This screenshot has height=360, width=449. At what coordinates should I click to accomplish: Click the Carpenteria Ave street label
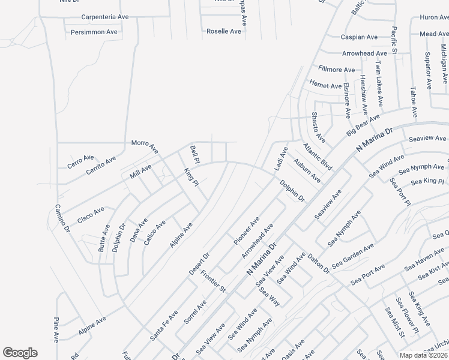tap(104, 17)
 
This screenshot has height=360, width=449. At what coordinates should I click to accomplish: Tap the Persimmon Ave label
tap(94, 32)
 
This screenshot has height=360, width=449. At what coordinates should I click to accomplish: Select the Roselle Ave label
tap(223, 31)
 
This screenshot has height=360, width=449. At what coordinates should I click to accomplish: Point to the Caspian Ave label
tap(359, 37)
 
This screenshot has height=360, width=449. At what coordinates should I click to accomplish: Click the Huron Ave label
tap(433, 17)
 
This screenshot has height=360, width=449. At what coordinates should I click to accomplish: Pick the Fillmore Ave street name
tap(337, 70)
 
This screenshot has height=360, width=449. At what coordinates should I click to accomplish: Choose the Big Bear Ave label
tap(363, 125)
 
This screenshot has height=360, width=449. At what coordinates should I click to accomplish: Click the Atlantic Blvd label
tap(318, 155)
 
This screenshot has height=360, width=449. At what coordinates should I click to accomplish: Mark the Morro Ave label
tap(145, 145)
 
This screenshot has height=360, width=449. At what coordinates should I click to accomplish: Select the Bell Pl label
tap(194, 154)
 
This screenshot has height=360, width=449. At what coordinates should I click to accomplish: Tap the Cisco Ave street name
tap(91, 213)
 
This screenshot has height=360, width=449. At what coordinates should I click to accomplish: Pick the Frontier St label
tap(212, 281)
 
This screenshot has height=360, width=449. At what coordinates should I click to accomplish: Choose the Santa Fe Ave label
tap(164, 325)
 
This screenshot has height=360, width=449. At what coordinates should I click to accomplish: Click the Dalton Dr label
tap(319, 265)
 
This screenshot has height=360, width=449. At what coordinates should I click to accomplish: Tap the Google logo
tap(20, 353)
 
